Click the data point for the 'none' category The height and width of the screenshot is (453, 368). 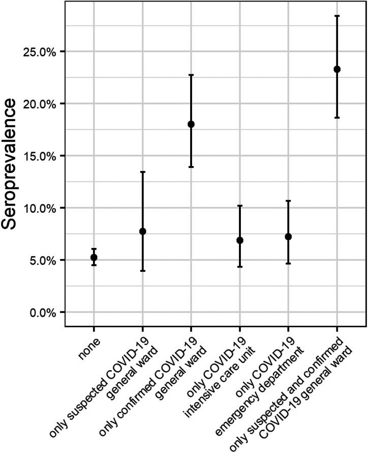[x=94, y=258]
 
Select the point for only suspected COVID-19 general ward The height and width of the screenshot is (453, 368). [x=142, y=231]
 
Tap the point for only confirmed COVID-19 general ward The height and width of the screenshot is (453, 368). [x=191, y=124]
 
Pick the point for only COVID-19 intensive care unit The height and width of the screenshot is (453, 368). [x=240, y=240]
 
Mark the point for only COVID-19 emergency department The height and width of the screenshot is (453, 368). [x=288, y=237]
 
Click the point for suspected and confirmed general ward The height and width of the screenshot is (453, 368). [x=337, y=69]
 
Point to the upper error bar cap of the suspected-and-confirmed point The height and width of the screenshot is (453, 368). [x=337, y=16]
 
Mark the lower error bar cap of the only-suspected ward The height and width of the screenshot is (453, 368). [x=142, y=271]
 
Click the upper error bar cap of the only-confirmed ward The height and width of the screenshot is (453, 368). [x=191, y=75]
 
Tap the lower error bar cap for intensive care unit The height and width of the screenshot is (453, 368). [x=240, y=267]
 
